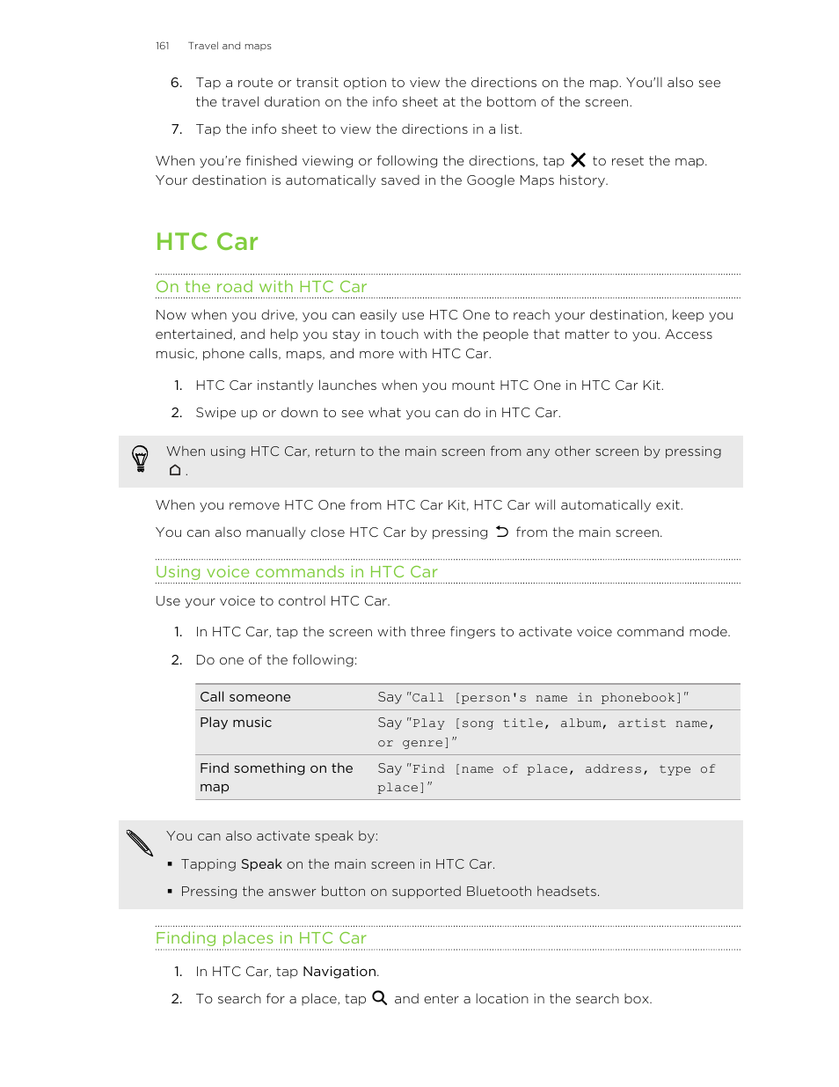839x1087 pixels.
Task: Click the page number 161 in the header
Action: click(162, 46)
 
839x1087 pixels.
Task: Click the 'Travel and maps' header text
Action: click(230, 46)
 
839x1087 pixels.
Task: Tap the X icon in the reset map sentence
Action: click(578, 160)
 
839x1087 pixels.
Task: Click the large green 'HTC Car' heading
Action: click(207, 242)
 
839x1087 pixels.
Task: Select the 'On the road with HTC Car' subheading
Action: click(261, 287)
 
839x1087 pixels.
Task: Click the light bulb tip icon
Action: click(140, 459)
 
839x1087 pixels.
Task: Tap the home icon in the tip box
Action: click(175, 471)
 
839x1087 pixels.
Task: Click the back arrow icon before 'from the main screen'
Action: click(501, 532)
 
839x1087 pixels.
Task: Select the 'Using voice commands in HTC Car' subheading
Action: click(296, 572)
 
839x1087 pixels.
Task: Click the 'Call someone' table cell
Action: click(245, 697)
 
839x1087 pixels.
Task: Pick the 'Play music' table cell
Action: click(236, 723)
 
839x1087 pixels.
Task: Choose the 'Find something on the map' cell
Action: click(276, 777)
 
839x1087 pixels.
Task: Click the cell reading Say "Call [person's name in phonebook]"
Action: click(533, 697)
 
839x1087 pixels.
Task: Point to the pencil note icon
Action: click(140, 842)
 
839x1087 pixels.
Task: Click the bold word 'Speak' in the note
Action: click(261, 864)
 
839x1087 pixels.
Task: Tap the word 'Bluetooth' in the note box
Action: click(499, 892)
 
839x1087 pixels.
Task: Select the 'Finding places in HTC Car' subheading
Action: click(260, 938)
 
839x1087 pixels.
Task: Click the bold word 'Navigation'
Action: click(339, 972)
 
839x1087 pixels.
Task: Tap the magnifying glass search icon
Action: click(380, 998)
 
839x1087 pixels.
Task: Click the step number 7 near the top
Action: click(177, 129)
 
